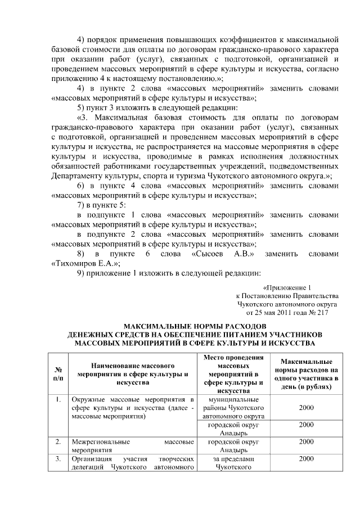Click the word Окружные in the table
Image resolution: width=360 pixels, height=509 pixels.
tap(89, 399)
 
